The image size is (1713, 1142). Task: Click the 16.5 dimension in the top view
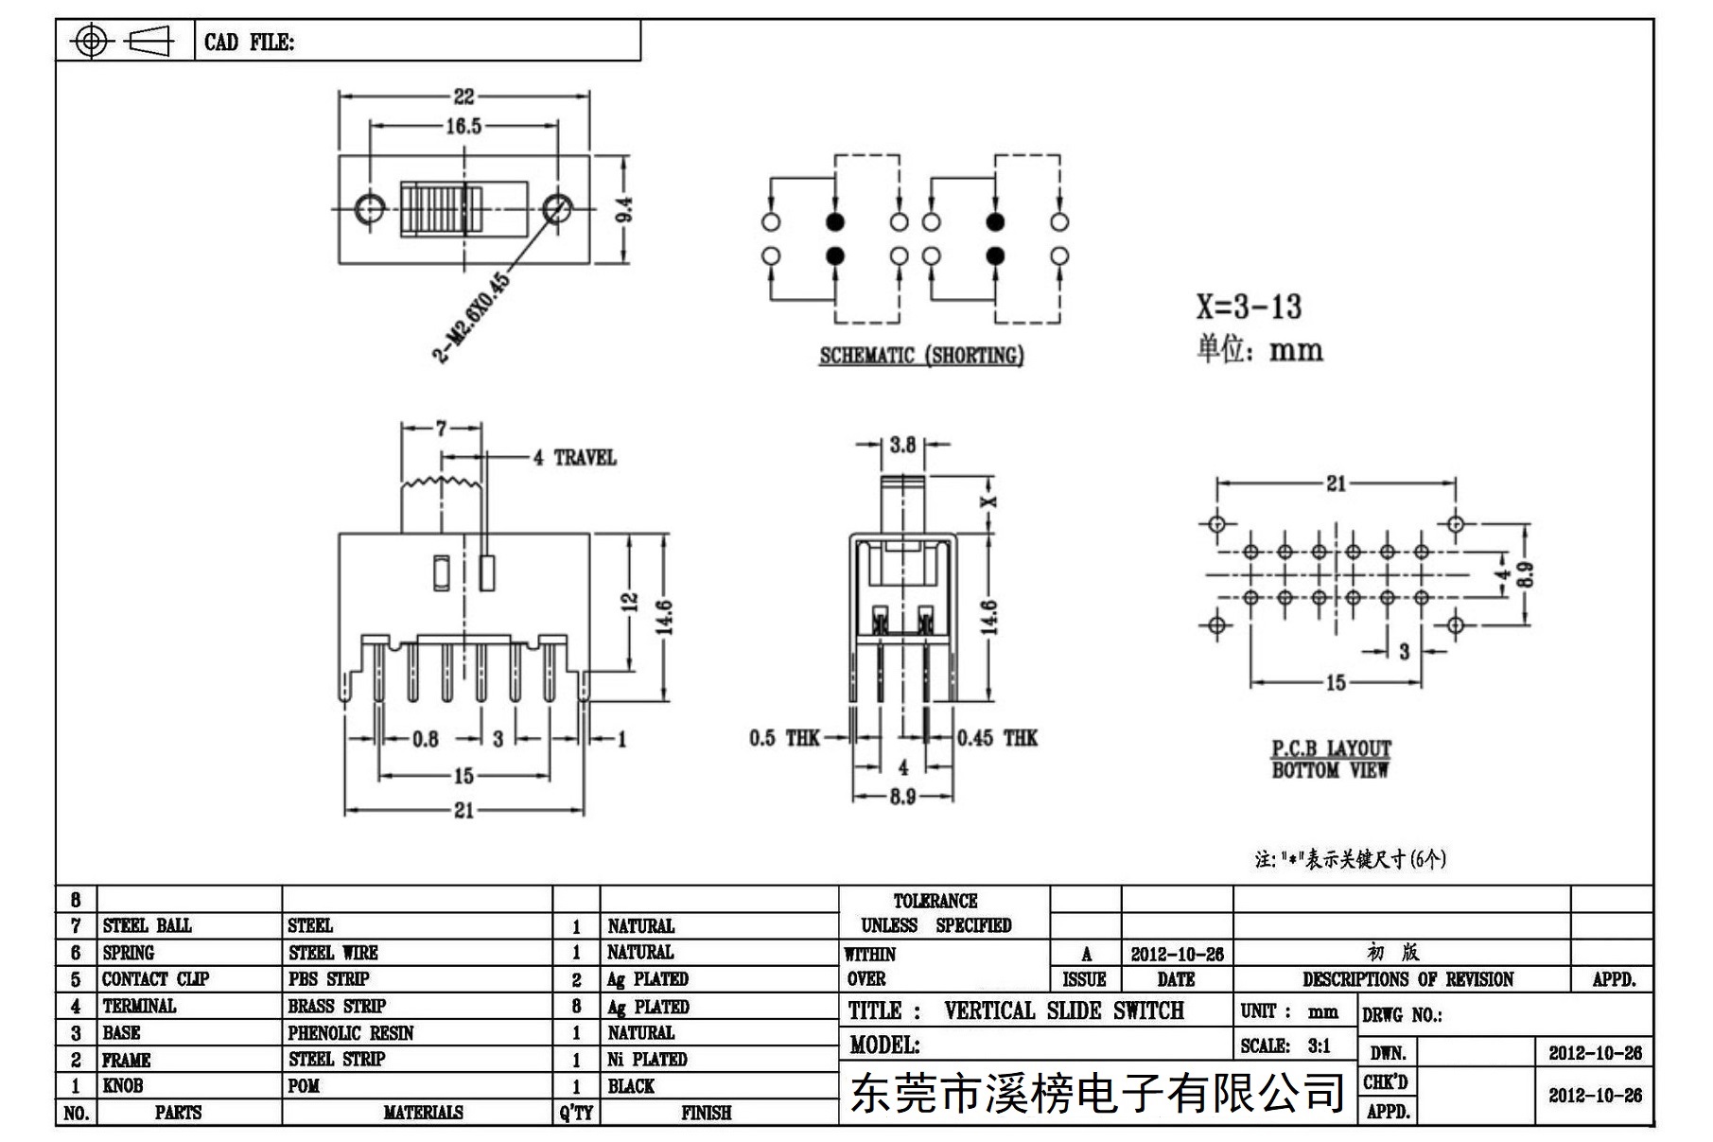pos(463,126)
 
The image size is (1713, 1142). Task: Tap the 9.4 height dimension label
pos(625,209)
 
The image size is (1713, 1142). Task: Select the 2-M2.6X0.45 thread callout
pos(470,317)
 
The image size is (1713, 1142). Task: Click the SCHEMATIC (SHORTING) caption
pos(921,356)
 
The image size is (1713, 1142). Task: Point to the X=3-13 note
pos(1249,307)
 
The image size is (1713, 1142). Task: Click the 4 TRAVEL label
pos(574,458)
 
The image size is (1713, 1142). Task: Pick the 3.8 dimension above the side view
pos(902,445)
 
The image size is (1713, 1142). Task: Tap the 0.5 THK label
pos(784,738)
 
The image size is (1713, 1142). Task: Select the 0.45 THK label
pos(997,738)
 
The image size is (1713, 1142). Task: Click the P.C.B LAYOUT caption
pos(1331,748)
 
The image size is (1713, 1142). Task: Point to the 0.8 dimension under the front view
pos(425,739)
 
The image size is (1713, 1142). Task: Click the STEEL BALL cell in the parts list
pos(147,925)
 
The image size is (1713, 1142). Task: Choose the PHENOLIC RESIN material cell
pos(351,1033)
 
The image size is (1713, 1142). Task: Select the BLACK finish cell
pos(631,1086)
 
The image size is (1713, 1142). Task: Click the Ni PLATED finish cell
pos(647,1060)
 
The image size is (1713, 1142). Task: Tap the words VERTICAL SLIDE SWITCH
pos(1064,1010)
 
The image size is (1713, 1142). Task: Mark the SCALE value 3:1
pos(1319,1046)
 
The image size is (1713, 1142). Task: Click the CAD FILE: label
pos(249,43)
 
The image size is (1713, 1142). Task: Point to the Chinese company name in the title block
pos(1097,1093)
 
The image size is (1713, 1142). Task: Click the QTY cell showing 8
pos(576,1007)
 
